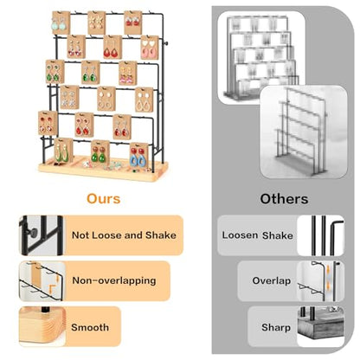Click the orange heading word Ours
pos(104,199)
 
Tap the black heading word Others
pos(284,199)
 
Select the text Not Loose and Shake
pos(124,235)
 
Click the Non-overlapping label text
pos(114,280)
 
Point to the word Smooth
pos(90,327)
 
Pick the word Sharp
pos(276,327)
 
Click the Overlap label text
pos(272,280)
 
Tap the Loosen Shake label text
pos(257,235)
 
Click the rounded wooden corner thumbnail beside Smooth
pos(42,326)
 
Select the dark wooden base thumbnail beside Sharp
pos(321,326)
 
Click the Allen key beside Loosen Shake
pos(335,235)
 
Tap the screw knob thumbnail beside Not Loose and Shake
pos(41,235)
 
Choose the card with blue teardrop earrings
pos(138,155)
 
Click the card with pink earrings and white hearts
pos(150,48)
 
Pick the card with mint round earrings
pos(61,23)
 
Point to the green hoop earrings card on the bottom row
pos(63,151)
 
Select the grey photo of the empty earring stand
pos(304,132)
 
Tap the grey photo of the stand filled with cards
pos(261,58)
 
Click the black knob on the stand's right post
pos(166,43)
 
